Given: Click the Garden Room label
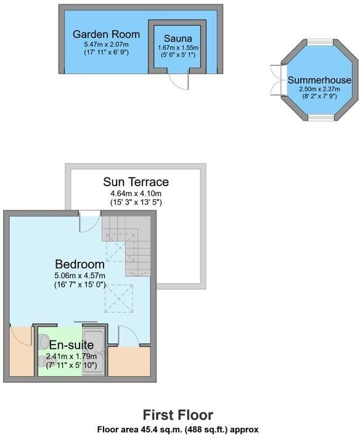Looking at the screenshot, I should pos(106,34).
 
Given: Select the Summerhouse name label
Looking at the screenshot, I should pos(319,80).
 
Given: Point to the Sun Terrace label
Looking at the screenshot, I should pos(136,182).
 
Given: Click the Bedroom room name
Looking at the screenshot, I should pos(80,264).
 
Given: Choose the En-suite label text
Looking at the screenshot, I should pos(72,345).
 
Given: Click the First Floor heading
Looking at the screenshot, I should pos(178,415).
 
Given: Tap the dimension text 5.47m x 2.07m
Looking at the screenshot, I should pos(106,45).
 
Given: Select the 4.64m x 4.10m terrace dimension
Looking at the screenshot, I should pos(136,193).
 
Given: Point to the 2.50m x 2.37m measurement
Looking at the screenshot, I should pos(319,89).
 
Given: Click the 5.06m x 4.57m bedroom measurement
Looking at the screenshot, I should pos(80,275).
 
